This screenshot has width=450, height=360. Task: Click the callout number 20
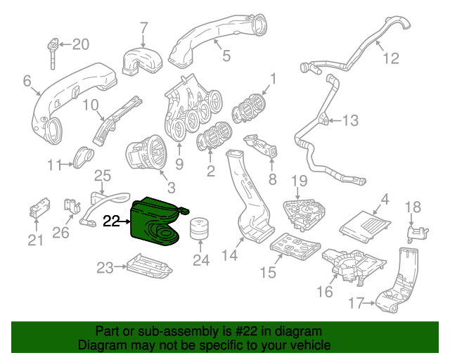(x=81, y=45)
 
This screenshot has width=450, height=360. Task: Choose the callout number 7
(x=143, y=29)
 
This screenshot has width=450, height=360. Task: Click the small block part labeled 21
(x=38, y=209)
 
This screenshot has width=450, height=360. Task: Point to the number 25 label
(x=103, y=175)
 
